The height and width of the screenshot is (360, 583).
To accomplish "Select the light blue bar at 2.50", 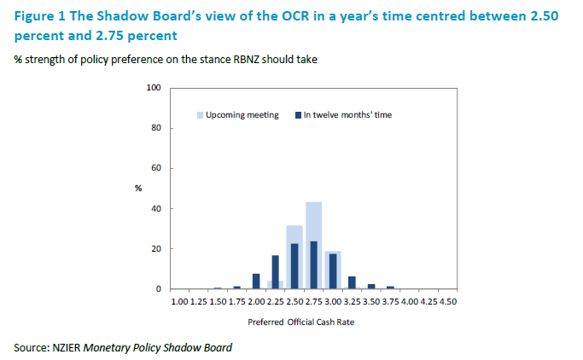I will pyautogui.click(x=294, y=235).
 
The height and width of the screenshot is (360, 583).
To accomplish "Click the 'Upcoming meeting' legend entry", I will pyautogui.click(x=242, y=115).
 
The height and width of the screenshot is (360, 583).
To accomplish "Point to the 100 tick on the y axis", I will pyautogui.click(x=154, y=88).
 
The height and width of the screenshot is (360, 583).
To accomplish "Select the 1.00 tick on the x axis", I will pyautogui.click(x=179, y=301).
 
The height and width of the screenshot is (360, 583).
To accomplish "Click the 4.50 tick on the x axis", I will pyautogui.click(x=447, y=301).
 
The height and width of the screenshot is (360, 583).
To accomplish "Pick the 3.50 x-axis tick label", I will pyautogui.click(x=370, y=301).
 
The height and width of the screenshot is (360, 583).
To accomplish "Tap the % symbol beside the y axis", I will pyautogui.click(x=137, y=188).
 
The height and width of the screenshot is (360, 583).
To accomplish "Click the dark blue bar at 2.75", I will pyautogui.click(x=313, y=265).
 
